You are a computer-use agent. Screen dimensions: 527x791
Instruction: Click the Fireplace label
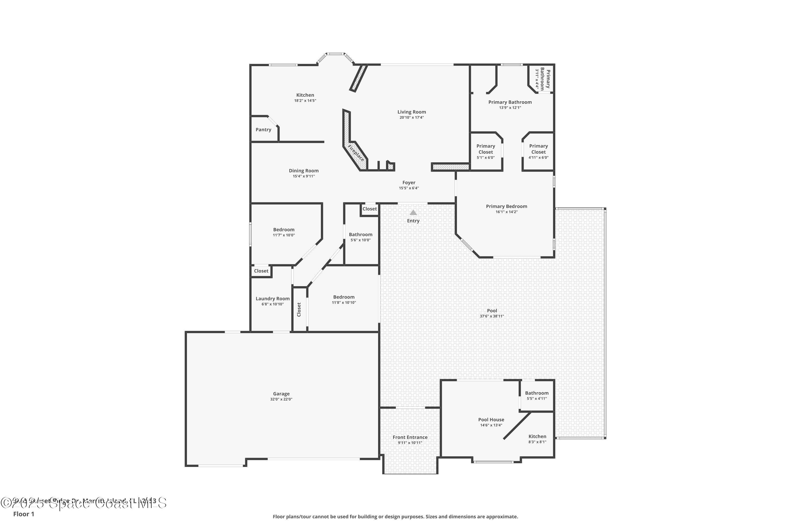(x=355, y=153)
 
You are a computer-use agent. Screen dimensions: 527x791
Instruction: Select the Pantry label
(x=263, y=130)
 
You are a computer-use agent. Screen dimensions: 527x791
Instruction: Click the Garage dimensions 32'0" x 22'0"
(x=281, y=399)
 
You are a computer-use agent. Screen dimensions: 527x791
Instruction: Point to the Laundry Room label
(x=272, y=299)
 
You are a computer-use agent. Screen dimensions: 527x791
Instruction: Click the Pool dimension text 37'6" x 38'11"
(x=492, y=316)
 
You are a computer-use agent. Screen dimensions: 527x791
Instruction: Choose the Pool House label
(x=491, y=420)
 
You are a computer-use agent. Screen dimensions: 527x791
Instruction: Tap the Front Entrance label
(x=410, y=437)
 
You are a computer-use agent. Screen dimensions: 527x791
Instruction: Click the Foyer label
(x=409, y=183)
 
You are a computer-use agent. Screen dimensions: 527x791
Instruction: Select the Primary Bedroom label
(x=506, y=206)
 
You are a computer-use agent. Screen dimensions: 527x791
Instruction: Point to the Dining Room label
(x=303, y=171)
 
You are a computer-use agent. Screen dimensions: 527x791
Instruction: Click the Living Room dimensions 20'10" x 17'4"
(x=412, y=118)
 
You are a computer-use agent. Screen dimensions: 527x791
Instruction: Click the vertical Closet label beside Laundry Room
(x=299, y=310)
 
